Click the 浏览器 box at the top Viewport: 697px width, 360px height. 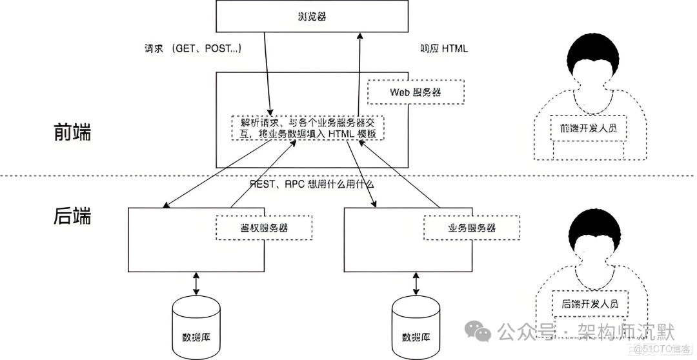pyautogui.click(x=312, y=16)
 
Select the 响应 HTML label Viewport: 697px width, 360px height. pyautogui.click(x=444, y=49)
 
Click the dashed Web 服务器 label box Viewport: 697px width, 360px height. pyautogui.click(x=416, y=92)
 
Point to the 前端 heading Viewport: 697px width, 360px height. pyautogui.click(x=72, y=132)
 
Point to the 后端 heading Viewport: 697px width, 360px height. pyautogui.click(x=72, y=215)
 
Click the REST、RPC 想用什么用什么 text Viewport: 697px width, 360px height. pyautogui.click(x=312, y=183)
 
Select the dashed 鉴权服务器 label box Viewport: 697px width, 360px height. pyautogui.click(x=263, y=228)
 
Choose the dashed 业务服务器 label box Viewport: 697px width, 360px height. pyautogui.click(x=471, y=228)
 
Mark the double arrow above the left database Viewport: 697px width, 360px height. pyautogui.click(x=196, y=283)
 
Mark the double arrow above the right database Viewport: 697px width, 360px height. pyautogui.click(x=416, y=283)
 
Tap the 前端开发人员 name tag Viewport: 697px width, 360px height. pyautogui.click(x=589, y=128)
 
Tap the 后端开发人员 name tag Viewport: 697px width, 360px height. pyautogui.click(x=589, y=303)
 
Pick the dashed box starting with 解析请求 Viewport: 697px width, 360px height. pyautogui.click(x=308, y=128)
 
